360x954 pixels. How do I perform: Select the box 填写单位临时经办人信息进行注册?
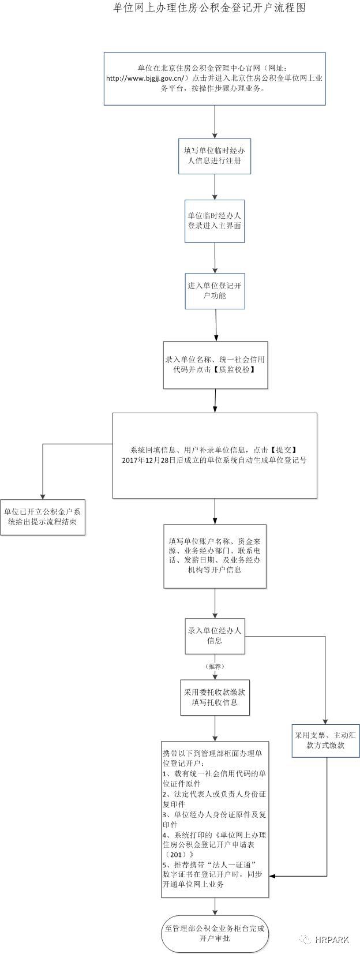tap(215, 156)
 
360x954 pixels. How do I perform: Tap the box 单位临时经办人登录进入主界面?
tap(215, 221)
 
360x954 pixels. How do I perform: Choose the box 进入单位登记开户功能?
tap(215, 290)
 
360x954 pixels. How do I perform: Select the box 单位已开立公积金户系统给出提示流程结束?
tap(42, 517)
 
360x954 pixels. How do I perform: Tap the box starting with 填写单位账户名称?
tap(215, 555)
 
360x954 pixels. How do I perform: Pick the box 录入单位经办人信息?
tap(215, 635)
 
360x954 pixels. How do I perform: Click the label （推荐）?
tap(215, 666)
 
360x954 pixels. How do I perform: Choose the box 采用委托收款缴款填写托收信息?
tap(215, 697)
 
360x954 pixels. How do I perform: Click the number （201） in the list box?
tap(180, 854)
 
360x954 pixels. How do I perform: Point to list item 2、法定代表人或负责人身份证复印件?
tap(215, 799)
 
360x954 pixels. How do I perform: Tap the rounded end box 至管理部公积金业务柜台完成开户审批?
tap(215, 933)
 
